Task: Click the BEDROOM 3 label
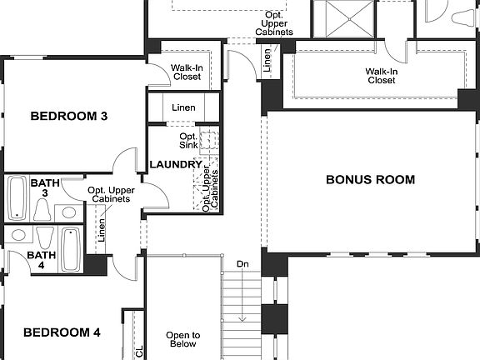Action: (68, 116)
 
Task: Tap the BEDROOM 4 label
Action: (62, 332)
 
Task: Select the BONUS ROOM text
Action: (369, 179)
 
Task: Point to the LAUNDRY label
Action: (176, 165)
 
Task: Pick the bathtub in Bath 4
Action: (71, 250)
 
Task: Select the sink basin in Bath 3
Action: (69, 211)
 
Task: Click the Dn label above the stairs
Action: (242, 264)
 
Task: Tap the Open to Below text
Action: (182, 339)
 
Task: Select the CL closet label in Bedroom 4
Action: (139, 350)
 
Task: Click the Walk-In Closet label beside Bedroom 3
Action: (187, 72)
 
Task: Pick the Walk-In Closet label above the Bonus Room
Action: (380, 76)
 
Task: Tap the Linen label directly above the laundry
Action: (183, 108)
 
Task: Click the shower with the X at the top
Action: (343, 17)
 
